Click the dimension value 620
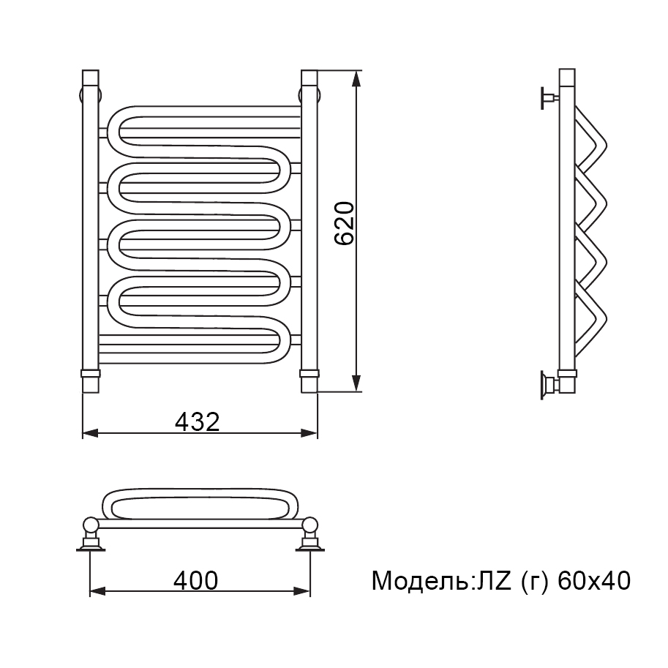tap(344, 223)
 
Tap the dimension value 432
tap(198, 421)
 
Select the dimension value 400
tap(196, 580)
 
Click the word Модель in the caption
tap(420, 581)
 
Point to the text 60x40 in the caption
tap(594, 581)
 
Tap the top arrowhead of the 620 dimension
tap(357, 79)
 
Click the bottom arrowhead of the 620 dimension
tap(357, 383)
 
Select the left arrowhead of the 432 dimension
tap(91, 434)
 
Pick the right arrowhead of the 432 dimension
tap(309, 434)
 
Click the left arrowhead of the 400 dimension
tap(97, 591)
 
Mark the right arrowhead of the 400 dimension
tap(302, 591)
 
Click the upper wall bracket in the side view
tap(549, 98)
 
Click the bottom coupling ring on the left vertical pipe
tap(90, 374)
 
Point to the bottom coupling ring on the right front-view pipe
tap(309, 374)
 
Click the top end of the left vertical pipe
tap(90, 71)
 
